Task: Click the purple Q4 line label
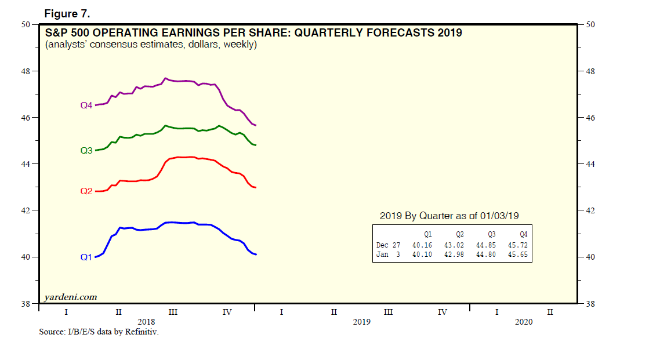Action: (x=86, y=106)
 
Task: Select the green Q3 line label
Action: (x=86, y=151)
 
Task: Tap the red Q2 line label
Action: (x=86, y=191)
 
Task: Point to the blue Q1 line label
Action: (x=86, y=257)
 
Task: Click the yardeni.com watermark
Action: (x=71, y=297)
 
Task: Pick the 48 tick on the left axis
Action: (x=27, y=71)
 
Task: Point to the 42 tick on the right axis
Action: (x=590, y=210)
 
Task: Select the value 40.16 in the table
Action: (x=422, y=245)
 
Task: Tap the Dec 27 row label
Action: (x=388, y=245)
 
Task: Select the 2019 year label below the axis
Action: (x=361, y=322)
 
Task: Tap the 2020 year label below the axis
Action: (x=523, y=322)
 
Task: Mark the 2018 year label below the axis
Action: (x=146, y=322)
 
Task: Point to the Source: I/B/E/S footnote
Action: (x=99, y=333)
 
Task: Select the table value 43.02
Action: (x=454, y=245)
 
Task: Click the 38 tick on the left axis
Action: (x=27, y=304)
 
